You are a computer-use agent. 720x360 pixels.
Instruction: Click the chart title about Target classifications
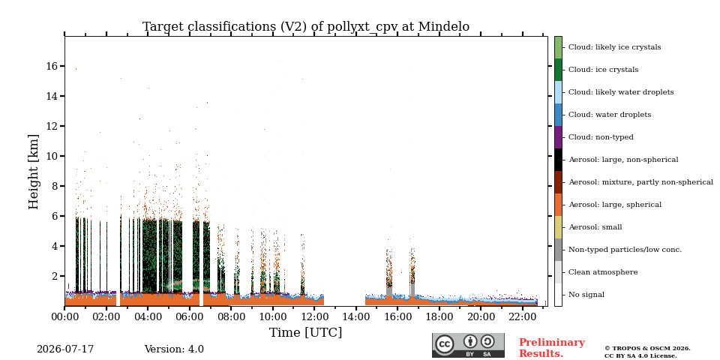click(306, 27)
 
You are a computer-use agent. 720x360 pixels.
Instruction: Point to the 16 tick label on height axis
click(52, 66)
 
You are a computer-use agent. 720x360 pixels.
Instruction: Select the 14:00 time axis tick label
click(356, 316)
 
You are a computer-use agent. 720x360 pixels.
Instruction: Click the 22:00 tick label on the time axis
click(523, 316)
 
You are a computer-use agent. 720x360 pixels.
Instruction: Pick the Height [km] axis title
click(34, 172)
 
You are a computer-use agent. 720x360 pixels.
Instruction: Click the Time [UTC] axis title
click(306, 332)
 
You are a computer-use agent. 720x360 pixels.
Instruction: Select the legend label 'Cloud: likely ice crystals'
click(615, 47)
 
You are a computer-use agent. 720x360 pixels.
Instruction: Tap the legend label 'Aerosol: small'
click(595, 227)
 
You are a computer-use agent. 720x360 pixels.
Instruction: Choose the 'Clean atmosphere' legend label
click(603, 272)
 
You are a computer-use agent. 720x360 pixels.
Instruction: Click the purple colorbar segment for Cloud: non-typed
click(558, 137)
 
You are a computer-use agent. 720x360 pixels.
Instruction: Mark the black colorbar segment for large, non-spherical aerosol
click(558, 160)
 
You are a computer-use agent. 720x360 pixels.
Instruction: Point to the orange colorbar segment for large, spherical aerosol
click(558, 205)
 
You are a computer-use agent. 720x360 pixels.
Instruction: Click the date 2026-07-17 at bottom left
click(65, 349)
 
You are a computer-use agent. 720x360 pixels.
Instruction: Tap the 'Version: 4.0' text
click(174, 349)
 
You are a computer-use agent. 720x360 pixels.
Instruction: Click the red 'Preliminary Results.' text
click(552, 348)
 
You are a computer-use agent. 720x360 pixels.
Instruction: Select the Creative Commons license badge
click(468, 345)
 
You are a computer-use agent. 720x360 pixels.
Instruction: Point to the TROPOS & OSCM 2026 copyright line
click(647, 349)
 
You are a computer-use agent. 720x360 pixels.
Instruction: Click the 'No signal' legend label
click(586, 295)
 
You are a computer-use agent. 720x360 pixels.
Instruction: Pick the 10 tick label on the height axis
click(52, 156)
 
